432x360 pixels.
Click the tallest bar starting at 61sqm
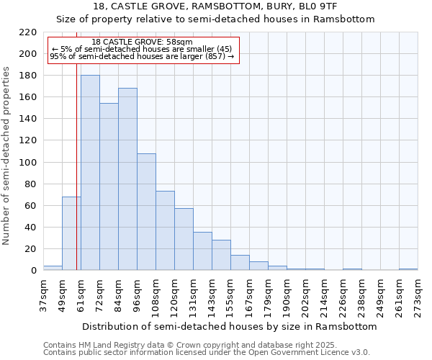click(90, 173)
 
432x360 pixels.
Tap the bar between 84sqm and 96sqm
click(127, 179)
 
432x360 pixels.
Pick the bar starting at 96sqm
click(146, 212)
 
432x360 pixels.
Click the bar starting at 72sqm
click(109, 186)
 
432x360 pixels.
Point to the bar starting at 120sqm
click(184, 239)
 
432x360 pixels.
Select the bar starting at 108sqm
click(165, 230)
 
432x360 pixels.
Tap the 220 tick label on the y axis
click(28, 32)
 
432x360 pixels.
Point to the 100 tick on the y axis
click(28, 163)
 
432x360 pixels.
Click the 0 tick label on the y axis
click(33, 271)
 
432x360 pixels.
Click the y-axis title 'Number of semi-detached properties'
click(7, 156)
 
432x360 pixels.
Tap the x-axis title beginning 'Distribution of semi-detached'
click(230, 326)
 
